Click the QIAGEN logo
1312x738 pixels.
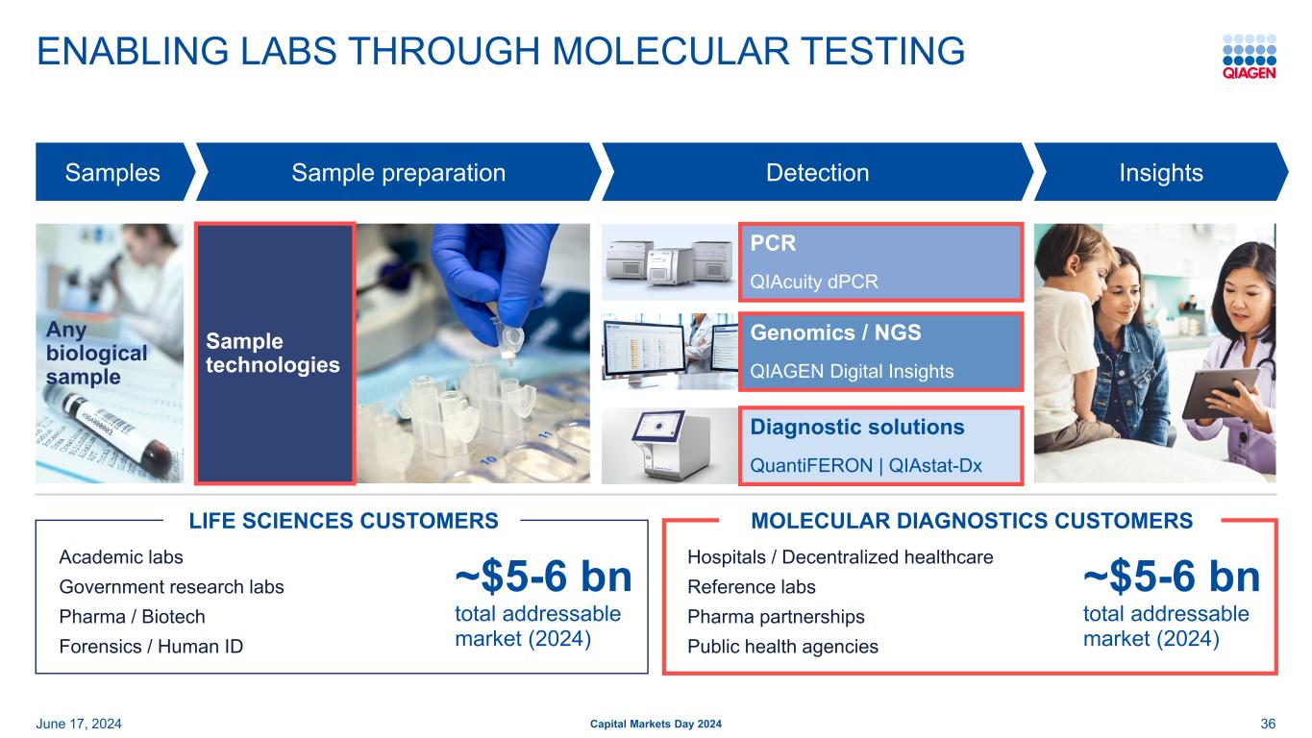coord(1249,57)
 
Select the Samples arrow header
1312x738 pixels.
coord(112,172)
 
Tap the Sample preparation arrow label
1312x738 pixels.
coord(398,172)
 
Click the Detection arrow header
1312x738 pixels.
coord(817,172)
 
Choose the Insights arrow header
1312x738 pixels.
coord(1161,172)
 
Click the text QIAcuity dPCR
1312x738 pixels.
coord(813,282)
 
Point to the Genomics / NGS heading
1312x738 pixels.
coord(835,332)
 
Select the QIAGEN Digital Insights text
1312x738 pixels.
coord(852,371)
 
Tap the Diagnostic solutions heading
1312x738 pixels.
coord(857,427)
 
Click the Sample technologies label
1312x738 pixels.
coord(272,353)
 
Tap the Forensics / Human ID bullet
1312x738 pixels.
coord(151,647)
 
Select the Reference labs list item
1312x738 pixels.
coord(752,587)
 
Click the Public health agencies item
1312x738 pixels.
coord(782,647)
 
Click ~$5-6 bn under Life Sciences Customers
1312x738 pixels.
coord(544,577)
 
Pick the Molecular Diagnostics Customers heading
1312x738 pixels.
coord(972,521)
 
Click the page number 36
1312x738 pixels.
coord(1268,724)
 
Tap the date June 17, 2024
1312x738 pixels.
coord(79,724)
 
